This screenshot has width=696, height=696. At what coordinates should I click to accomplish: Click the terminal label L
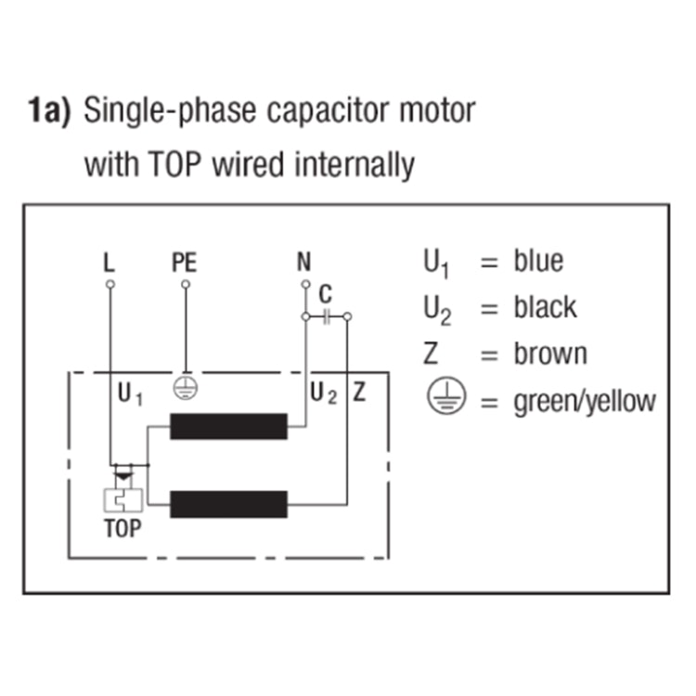(110, 263)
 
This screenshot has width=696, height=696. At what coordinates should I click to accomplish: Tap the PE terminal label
(185, 263)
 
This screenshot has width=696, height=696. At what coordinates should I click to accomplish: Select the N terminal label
(304, 262)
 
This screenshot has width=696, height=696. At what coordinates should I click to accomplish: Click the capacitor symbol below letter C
(327, 316)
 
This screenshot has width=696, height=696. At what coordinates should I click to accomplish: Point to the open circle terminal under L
(110, 284)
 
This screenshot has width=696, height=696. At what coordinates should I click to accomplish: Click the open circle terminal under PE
(186, 284)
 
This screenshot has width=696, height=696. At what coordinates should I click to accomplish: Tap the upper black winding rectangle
(228, 426)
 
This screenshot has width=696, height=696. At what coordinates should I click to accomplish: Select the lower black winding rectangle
(228, 504)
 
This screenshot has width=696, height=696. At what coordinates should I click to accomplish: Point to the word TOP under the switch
(122, 528)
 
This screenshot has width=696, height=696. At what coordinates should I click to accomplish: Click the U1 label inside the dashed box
(130, 394)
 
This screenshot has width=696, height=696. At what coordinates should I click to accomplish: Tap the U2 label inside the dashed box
(324, 393)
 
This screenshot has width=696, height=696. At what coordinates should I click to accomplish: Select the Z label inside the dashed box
(359, 393)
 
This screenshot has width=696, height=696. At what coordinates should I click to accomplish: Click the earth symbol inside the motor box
(185, 388)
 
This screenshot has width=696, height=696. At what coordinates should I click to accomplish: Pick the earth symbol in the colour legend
(446, 396)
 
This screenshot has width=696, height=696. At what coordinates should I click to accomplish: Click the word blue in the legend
(538, 260)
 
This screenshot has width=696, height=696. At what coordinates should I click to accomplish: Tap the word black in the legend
(545, 307)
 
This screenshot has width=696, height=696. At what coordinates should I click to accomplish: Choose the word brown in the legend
(550, 354)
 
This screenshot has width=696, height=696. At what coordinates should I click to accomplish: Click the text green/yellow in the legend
(585, 402)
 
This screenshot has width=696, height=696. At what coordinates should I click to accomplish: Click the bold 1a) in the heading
(49, 110)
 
